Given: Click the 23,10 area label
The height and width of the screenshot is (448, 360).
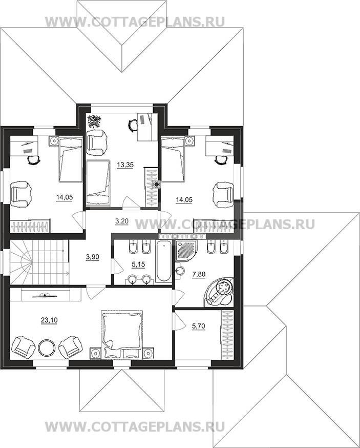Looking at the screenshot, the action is click(49, 320).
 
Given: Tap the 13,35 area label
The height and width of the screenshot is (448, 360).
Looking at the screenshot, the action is click(125, 165).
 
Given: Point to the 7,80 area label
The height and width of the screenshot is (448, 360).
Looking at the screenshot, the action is click(199, 275).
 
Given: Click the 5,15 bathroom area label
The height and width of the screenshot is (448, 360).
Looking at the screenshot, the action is click(138, 264).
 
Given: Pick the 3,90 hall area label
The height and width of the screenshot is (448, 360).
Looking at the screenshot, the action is click(93, 257).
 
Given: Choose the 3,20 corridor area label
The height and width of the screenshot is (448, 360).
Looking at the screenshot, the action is click(121, 220).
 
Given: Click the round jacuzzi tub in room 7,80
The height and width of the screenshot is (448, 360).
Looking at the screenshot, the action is click(219, 293).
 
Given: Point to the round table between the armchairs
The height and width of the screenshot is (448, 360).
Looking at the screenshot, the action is click(46, 347).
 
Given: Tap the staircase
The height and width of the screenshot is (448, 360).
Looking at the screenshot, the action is click(39, 262).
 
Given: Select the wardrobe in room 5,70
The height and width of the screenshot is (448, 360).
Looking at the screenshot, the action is click(227, 334).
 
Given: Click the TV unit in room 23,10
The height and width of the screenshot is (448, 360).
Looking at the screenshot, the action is click(46, 295).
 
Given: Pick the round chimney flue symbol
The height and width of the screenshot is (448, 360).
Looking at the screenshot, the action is click(156, 185).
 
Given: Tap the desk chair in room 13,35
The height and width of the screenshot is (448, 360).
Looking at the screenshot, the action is click(133, 125).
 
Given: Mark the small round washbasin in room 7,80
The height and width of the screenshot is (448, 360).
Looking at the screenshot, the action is click(179, 270).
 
